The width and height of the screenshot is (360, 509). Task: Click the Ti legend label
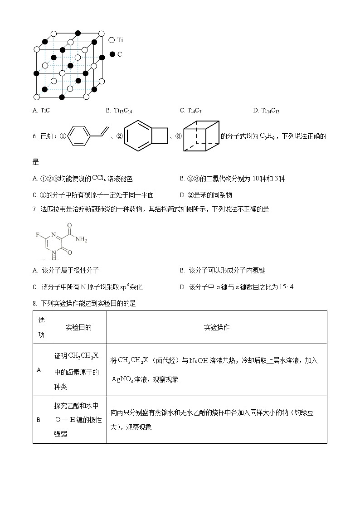pyautogui.click(x=120, y=40)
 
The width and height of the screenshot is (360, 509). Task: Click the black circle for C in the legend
pyautogui.click(x=113, y=54)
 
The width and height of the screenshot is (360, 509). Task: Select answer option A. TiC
pyautogui.click(x=41, y=111)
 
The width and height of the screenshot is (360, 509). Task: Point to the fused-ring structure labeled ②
pyautogui.click(x=146, y=136)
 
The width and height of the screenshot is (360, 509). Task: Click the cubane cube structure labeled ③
pyautogui.click(x=201, y=136)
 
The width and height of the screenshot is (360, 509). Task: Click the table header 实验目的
pyautogui.click(x=78, y=327)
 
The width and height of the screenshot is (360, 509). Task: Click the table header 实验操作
pyautogui.click(x=216, y=327)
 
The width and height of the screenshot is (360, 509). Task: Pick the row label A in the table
pyautogui.click(x=39, y=370)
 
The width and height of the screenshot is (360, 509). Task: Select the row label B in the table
pyautogui.click(x=39, y=420)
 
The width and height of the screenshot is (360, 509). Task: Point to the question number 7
pyautogui.click(x=34, y=209)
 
